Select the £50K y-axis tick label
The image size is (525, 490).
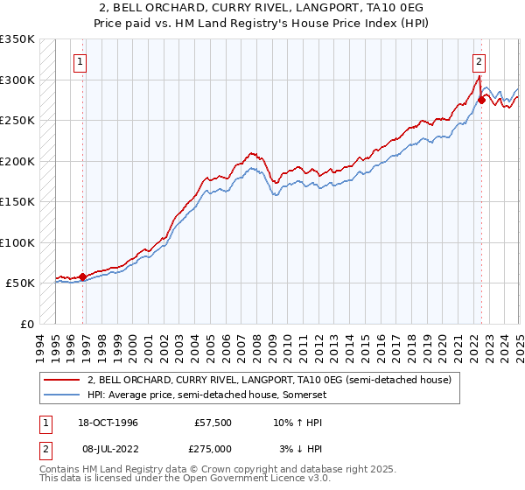21,283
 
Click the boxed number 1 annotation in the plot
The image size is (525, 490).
80,62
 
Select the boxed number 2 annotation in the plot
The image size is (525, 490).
479,62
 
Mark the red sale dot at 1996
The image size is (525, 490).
82,276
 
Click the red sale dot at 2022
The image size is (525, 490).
481,100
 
